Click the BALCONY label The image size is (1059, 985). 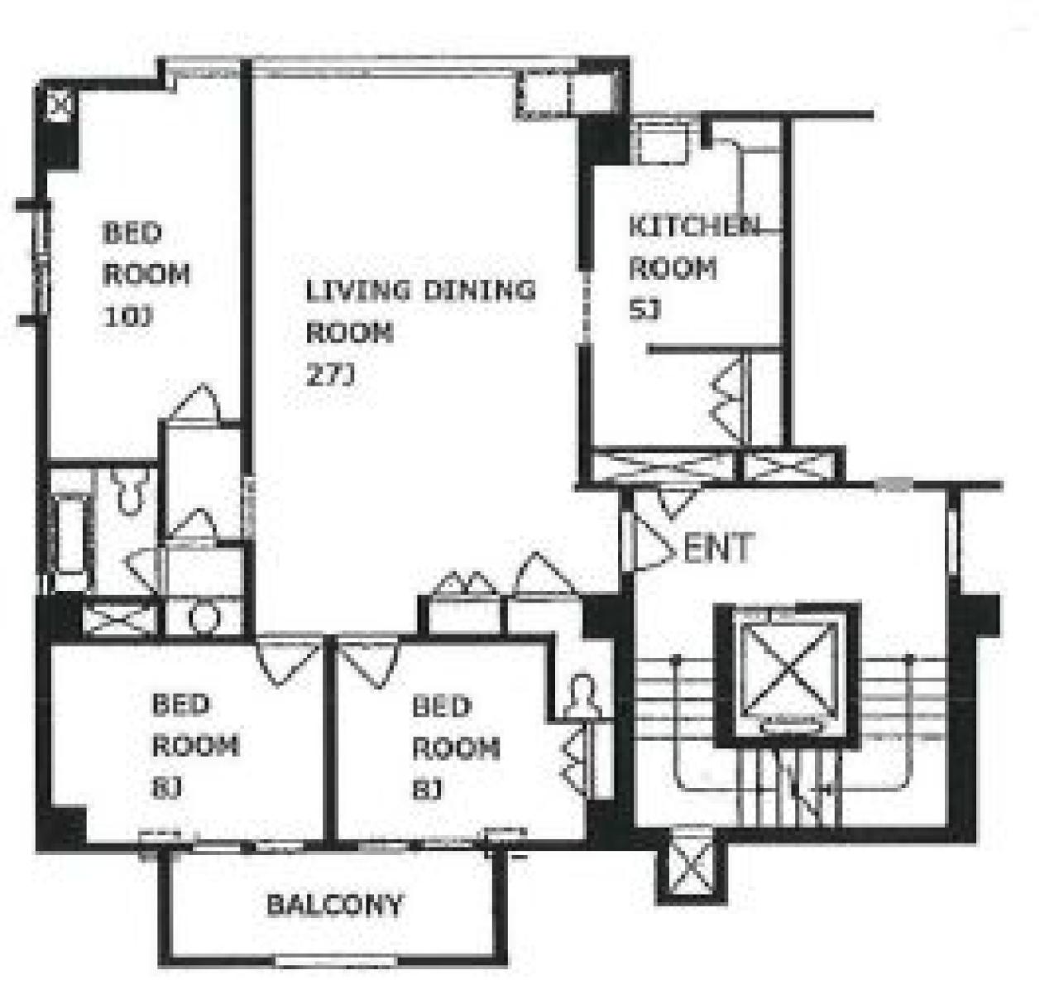point(334,905)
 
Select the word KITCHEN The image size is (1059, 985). point(694,226)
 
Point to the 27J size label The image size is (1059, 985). point(330,375)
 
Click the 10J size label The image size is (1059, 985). point(127,317)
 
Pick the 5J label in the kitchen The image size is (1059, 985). point(645,310)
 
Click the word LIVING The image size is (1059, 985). point(357,291)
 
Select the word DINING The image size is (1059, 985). point(479,291)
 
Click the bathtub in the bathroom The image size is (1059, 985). point(69,535)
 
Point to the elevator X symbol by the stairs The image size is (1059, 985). point(788,670)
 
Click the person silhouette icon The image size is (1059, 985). point(583,697)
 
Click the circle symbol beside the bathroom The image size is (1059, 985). point(204,617)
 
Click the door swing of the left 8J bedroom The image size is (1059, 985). point(288,661)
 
